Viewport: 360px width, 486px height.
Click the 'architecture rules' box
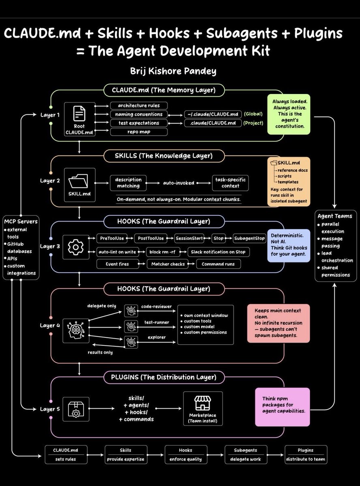(139, 105)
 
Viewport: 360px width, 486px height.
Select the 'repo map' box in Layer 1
(139, 132)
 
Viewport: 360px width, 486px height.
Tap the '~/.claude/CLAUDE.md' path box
(213, 114)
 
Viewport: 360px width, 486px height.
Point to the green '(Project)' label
(253, 123)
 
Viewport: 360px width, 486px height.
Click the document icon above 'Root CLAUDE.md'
(79, 113)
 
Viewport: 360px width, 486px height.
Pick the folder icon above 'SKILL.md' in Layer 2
(78, 181)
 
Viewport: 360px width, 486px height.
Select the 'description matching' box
(129, 183)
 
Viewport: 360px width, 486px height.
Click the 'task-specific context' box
(230, 183)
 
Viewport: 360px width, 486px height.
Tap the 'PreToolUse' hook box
(112, 239)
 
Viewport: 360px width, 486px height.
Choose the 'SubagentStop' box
(249, 239)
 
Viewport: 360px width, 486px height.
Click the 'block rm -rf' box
(163, 252)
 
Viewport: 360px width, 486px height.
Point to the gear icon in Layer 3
(76, 247)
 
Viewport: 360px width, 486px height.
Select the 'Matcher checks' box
(168, 264)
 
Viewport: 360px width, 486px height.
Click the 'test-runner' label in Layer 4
(156, 322)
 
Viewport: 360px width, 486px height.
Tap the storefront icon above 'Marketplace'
(203, 403)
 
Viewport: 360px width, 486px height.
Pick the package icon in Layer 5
(76, 409)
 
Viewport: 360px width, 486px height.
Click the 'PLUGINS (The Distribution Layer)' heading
(164, 377)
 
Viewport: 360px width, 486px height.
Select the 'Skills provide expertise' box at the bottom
(126, 454)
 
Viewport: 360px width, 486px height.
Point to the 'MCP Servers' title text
(21, 222)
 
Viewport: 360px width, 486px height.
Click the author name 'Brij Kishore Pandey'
(173, 71)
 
